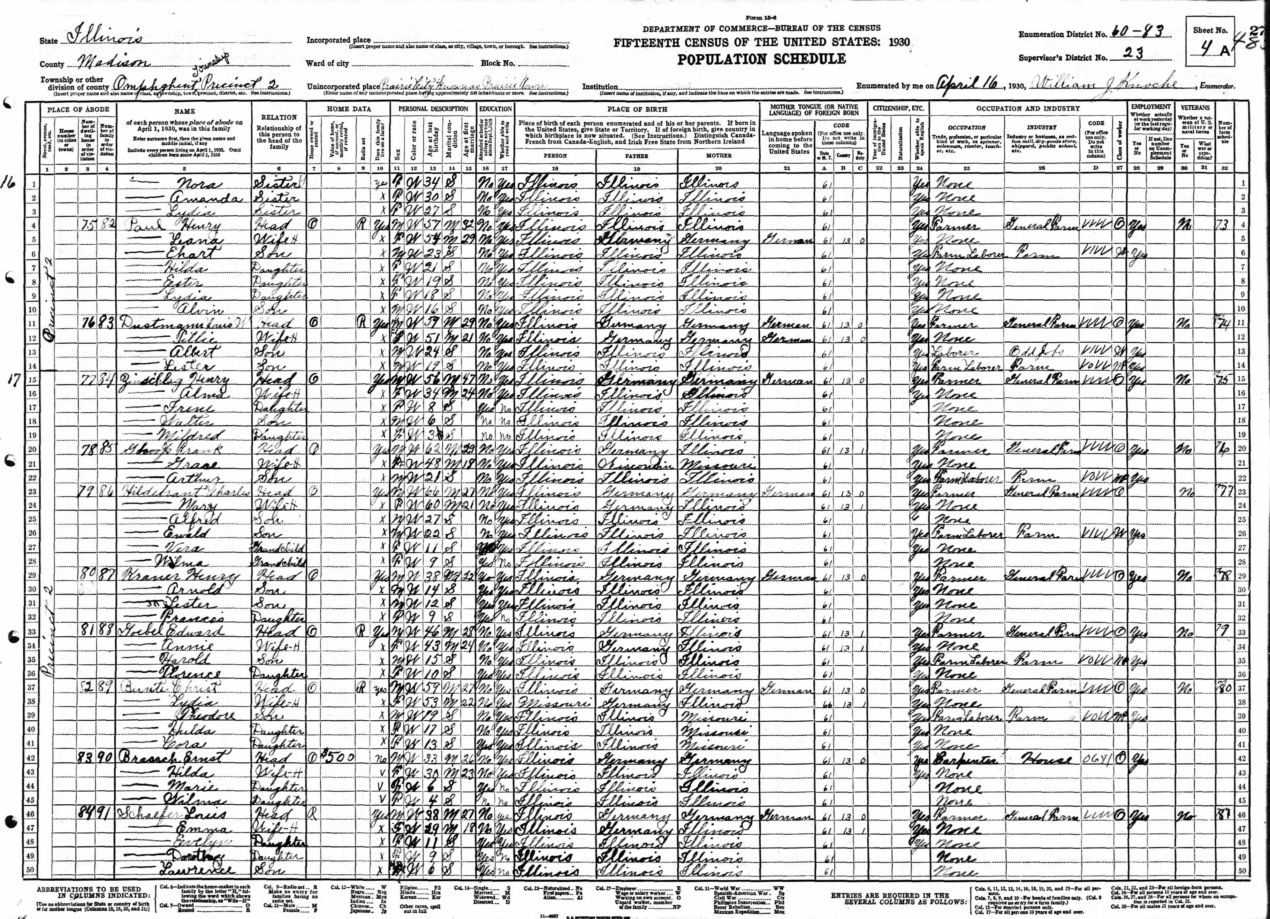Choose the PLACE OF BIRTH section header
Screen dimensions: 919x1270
[x=637, y=109]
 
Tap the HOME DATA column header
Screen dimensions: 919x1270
[x=349, y=109]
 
